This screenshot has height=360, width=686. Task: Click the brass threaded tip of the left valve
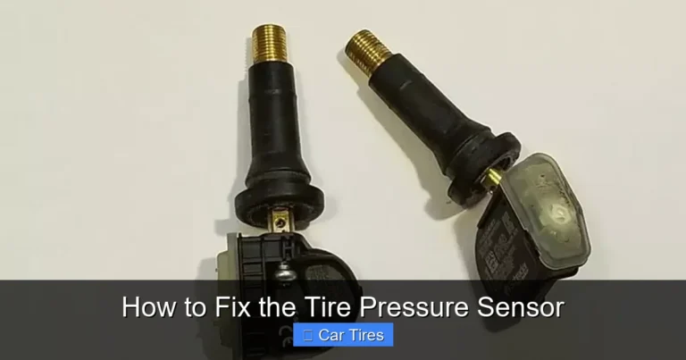click(x=264, y=45)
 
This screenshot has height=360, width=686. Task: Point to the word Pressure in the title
click(x=409, y=307)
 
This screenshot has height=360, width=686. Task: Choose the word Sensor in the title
click(x=520, y=307)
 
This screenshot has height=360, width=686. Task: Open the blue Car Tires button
click(x=343, y=335)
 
